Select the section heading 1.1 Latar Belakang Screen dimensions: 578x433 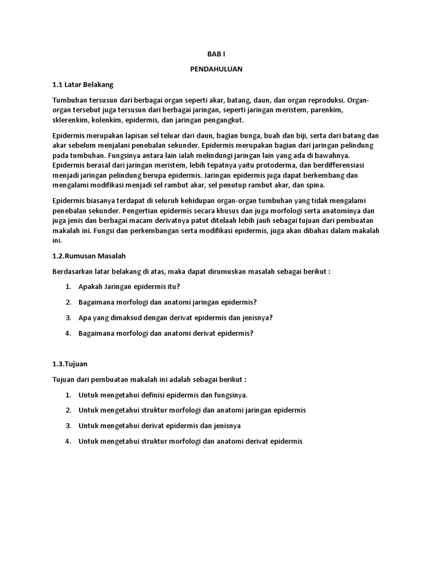tap(83, 85)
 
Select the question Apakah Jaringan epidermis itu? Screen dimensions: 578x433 tap(129, 287)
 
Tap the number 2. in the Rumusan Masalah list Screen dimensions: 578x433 tap(68, 302)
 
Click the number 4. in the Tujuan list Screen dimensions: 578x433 tap(68, 441)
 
